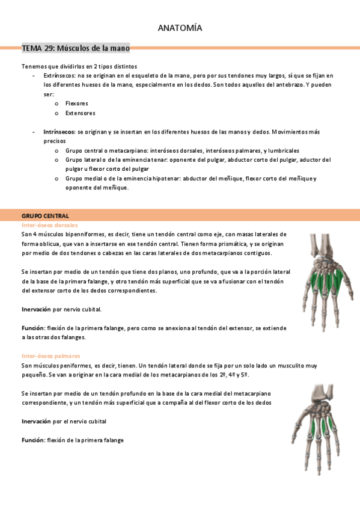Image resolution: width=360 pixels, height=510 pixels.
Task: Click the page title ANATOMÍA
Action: tap(180, 28)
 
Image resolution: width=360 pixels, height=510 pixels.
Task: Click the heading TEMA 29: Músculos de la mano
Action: tap(75, 48)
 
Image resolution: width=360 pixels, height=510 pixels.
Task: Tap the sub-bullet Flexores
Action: tap(76, 103)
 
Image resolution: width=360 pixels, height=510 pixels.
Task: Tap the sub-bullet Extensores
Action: tap(80, 113)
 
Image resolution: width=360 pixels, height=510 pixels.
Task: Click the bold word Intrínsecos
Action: tap(59, 131)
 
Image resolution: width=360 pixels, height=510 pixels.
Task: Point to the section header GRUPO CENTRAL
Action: tap(45, 215)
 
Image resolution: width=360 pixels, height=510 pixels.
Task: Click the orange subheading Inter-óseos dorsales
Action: tap(49, 225)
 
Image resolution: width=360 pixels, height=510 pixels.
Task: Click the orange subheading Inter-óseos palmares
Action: tap(50, 356)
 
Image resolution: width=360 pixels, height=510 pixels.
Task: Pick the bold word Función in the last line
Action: tap(34, 440)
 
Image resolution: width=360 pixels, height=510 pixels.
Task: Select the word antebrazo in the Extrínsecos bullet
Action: tap(285, 85)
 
